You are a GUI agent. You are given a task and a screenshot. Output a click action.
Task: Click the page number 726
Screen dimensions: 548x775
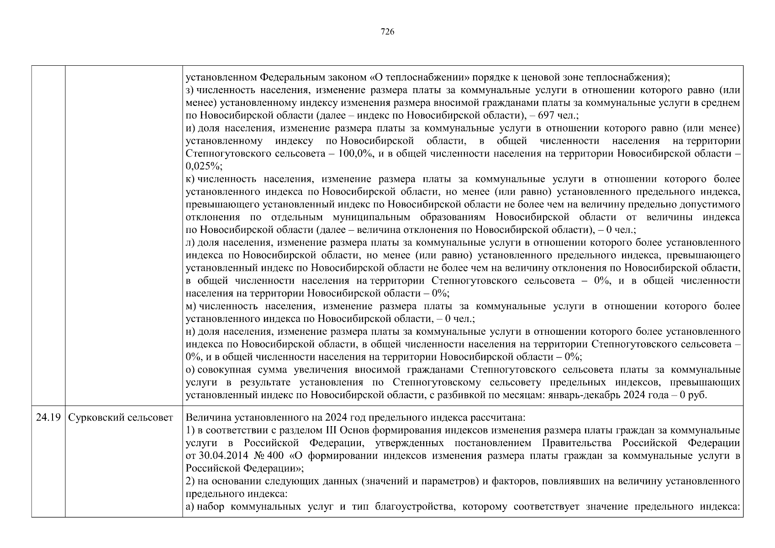387,32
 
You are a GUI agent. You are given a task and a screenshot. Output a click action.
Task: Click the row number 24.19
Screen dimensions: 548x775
48,417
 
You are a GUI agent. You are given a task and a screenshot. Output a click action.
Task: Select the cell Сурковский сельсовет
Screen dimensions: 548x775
121,417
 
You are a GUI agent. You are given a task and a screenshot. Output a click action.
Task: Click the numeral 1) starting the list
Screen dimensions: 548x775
190,430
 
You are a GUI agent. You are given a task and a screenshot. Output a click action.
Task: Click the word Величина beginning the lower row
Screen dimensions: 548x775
206,417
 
